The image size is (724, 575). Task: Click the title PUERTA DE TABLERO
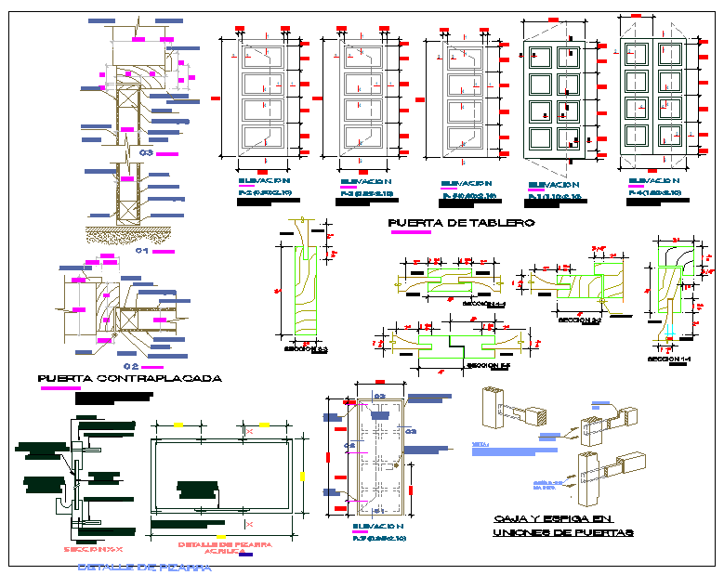pos(461,223)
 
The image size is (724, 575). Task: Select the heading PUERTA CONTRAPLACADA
pos(129,378)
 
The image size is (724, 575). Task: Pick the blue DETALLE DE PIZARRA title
pos(143,566)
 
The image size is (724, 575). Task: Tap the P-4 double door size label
pos(655,192)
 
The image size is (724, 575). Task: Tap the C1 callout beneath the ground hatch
pos(142,251)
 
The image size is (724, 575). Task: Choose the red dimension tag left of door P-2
pos(216,97)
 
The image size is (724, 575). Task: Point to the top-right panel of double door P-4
pos(669,55)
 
